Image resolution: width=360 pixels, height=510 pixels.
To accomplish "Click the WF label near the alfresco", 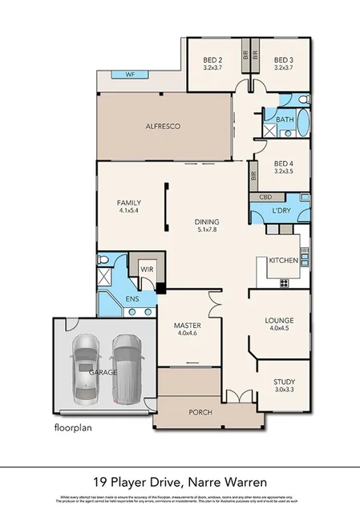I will [130, 75].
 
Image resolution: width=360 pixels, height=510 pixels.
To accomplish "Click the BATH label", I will [285, 119].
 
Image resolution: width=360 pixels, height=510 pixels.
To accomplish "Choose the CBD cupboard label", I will [265, 196].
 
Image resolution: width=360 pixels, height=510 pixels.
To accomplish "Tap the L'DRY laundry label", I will [281, 210].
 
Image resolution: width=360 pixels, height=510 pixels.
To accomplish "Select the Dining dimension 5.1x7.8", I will [208, 230].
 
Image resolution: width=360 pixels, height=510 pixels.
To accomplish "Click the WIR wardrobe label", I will [147, 269].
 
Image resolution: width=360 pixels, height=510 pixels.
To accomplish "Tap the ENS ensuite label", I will [132, 300].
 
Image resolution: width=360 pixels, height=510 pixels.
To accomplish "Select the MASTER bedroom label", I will [187, 325].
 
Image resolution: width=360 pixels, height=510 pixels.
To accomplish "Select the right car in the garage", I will [127, 366].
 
